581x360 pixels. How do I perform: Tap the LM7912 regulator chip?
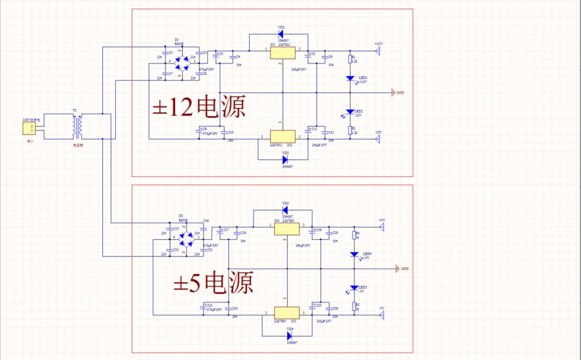(x=282, y=137)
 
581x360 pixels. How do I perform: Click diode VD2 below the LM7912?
(x=285, y=160)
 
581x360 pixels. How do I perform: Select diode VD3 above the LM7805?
(x=286, y=210)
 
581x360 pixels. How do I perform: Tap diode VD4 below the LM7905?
(x=289, y=336)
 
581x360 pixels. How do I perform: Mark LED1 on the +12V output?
(x=351, y=78)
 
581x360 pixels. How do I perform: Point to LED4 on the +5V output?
(x=354, y=255)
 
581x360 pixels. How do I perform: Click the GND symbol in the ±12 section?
(x=392, y=93)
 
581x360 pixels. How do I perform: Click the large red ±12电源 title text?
(x=199, y=107)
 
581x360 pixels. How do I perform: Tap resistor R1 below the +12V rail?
(x=351, y=58)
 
